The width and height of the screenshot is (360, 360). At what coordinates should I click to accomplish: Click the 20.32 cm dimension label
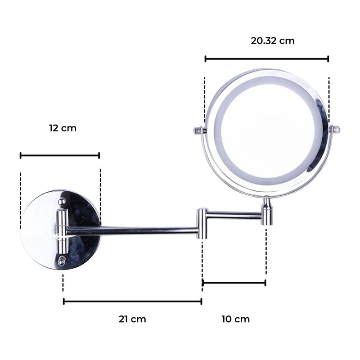pyautogui.click(x=273, y=41)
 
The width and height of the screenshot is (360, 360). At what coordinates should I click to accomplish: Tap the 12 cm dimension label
pyautogui.click(x=63, y=128)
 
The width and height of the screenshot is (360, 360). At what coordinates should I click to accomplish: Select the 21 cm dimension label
pyautogui.click(x=132, y=319)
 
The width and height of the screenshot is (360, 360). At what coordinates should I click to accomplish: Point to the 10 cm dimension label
pyautogui.click(x=235, y=319)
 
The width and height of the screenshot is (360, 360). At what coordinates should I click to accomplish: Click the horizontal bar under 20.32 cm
pyautogui.click(x=266, y=58)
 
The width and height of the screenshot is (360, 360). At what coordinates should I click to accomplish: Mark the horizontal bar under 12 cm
pyautogui.click(x=60, y=156)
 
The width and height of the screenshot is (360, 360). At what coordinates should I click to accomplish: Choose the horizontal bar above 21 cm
pyautogui.click(x=132, y=301)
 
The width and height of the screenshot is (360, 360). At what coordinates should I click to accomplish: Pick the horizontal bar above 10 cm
pyautogui.click(x=234, y=283)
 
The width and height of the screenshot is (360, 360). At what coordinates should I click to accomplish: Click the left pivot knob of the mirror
pyautogui.click(x=198, y=131)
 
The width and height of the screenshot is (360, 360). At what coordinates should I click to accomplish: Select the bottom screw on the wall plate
pyautogui.click(x=61, y=260)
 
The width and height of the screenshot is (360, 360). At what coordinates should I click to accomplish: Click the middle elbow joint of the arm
pyautogui.click(x=202, y=223)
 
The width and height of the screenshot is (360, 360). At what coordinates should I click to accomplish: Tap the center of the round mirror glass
pyautogui.click(x=266, y=133)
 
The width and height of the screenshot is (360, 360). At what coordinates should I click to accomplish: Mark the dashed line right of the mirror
pyautogui.click(x=329, y=99)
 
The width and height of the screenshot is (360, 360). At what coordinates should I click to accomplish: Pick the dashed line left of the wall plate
pyautogui.click(x=21, y=200)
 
